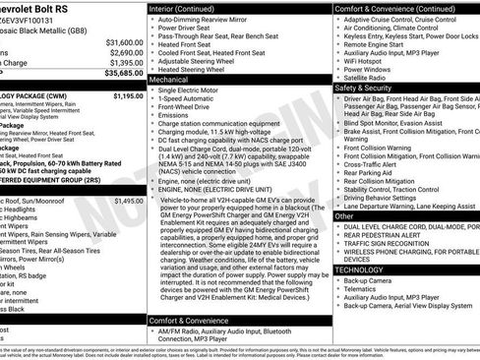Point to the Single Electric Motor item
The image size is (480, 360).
click(x=197, y=90)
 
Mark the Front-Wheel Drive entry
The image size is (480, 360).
click(x=191, y=106)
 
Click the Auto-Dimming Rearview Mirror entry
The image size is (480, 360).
click(x=210, y=19)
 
